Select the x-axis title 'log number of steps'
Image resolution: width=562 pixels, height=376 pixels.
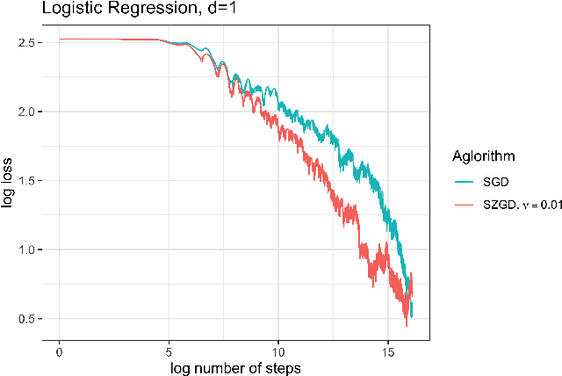point(235,366)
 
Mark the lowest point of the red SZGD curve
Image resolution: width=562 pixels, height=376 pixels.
point(406,325)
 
